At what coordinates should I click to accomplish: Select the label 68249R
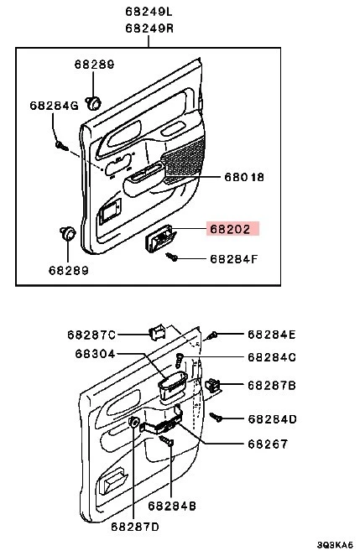tap(149, 29)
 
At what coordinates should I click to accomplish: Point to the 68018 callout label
tap(245, 177)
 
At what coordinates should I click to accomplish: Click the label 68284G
tap(53, 106)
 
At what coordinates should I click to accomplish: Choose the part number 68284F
tap(233, 258)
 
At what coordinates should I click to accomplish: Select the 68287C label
tap(91, 335)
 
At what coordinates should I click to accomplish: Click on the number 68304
tap(92, 355)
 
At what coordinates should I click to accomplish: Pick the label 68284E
tap(272, 335)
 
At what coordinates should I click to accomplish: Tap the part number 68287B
tap(272, 385)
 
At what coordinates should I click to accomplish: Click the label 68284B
tap(172, 506)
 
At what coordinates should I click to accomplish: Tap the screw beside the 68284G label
tap(60, 145)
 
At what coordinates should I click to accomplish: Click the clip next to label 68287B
tap(214, 385)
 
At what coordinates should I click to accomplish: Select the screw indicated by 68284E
tap(214, 335)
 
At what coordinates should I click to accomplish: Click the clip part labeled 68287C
tap(155, 330)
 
